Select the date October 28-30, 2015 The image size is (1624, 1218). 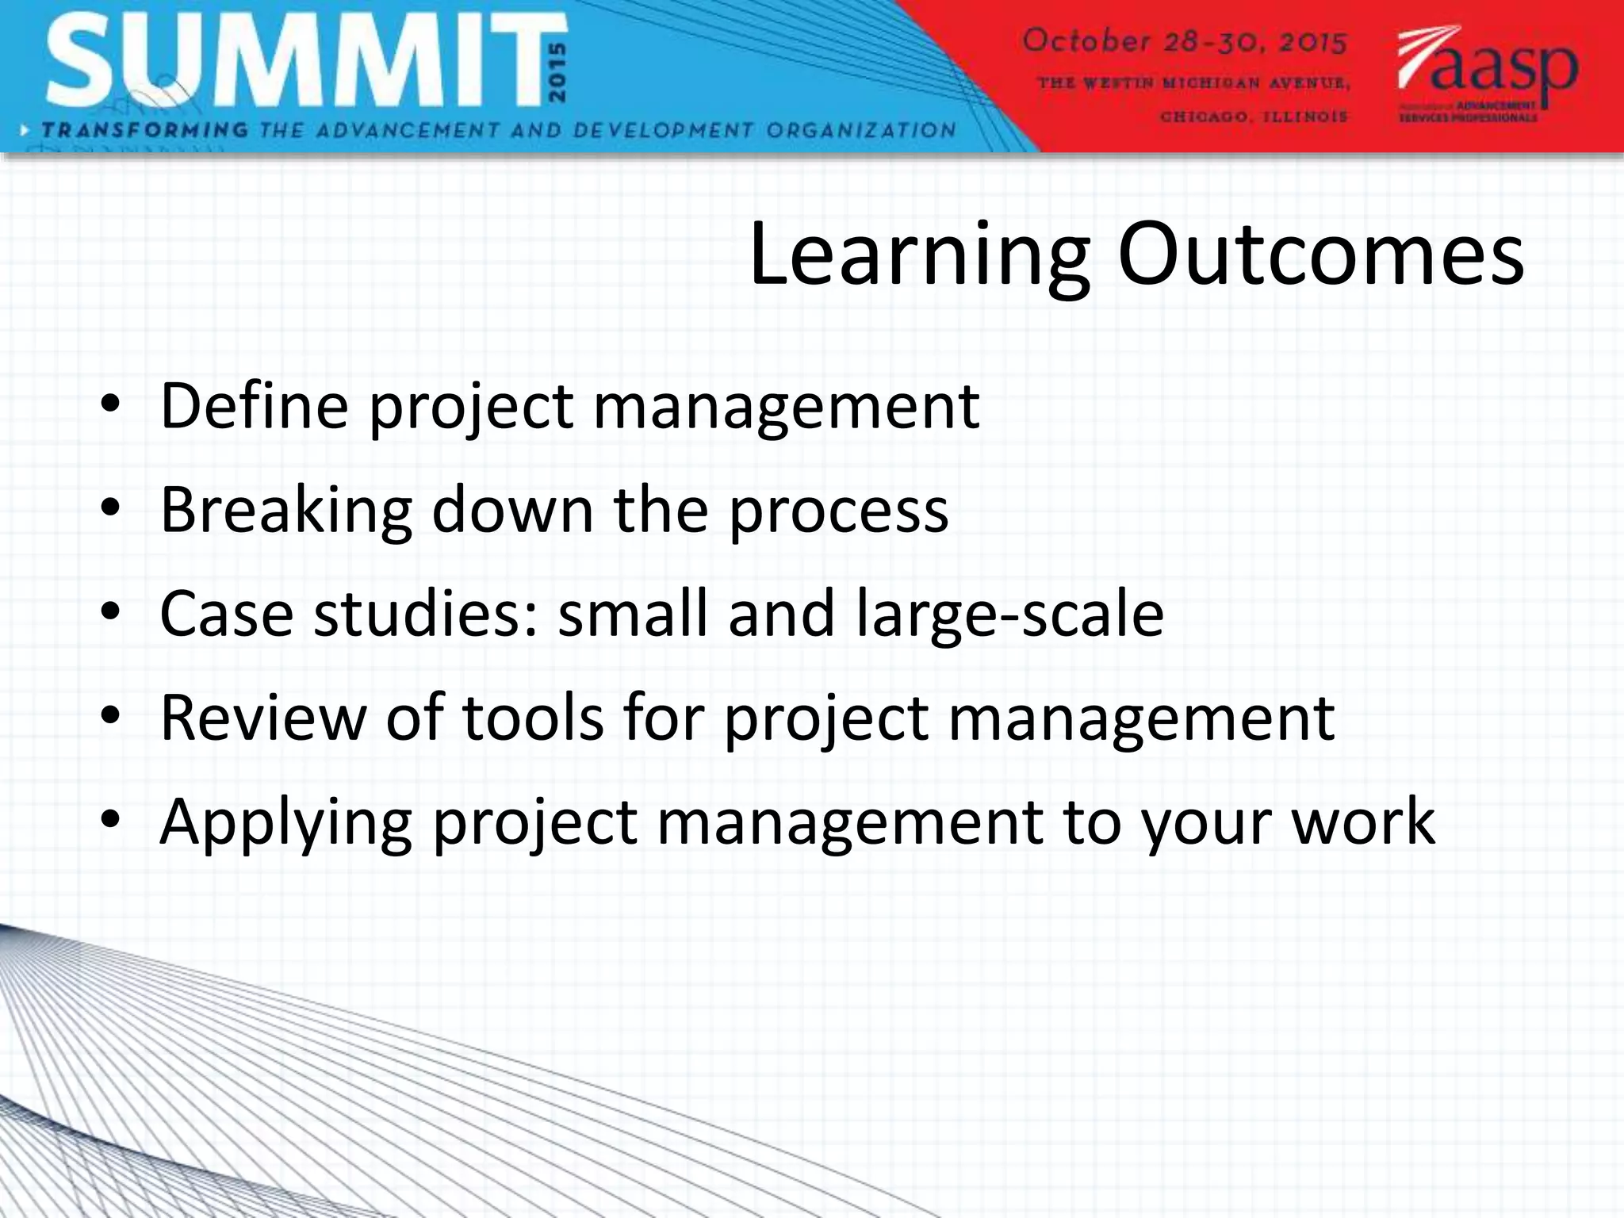click(1185, 41)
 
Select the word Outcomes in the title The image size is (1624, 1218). click(1320, 255)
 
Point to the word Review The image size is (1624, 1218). click(262, 718)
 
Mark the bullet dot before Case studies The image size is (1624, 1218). click(110, 611)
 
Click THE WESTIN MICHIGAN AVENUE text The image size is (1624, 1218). click(1193, 82)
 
